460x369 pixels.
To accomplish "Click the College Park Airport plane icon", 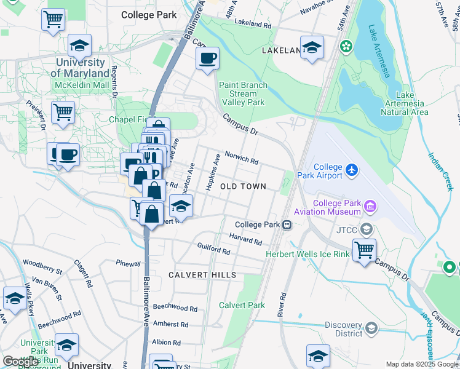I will pos(351,169).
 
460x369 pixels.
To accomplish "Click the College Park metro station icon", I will pos(287,224).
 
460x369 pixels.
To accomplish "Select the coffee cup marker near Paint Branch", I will pos(207,58).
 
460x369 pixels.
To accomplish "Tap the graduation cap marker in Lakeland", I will pos(312,47).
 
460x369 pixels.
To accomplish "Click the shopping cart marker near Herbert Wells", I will pos(364,250).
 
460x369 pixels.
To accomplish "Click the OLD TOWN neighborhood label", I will pos(243,186).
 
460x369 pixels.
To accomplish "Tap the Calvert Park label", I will pos(242,305).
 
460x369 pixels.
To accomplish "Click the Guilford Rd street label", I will pos(213,249).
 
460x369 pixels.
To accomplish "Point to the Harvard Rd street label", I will pos(246,238).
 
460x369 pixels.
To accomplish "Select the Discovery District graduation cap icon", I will pos(371,328).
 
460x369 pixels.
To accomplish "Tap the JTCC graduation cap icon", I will pos(367,229).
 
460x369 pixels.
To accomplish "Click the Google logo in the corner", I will pos(21,362).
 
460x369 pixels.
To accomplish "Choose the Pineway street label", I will pos(129,263).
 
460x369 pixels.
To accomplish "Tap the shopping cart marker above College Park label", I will pos(53,18).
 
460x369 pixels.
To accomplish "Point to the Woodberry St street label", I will pos(42,266).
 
